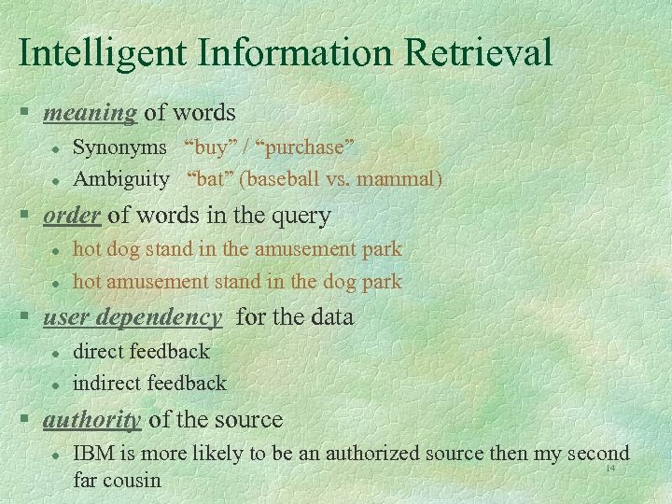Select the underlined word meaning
(x=91, y=113)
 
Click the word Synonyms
(x=119, y=147)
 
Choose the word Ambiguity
(x=120, y=178)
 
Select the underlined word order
(x=71, y=216)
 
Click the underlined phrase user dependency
(x=133, y=317)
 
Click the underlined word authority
(x=92, y=420)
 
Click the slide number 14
(x=610, y=468)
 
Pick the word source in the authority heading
(x=250, y=420)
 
